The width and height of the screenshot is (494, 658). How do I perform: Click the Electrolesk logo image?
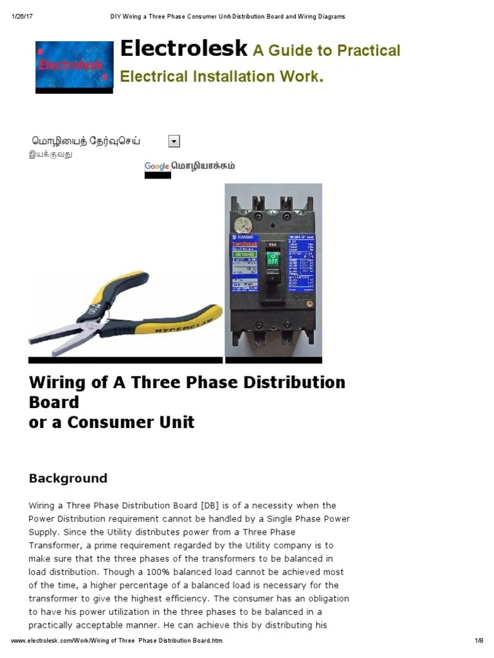74,65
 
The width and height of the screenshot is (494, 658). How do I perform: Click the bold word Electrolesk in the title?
183,48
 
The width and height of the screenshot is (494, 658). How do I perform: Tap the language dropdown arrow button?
174,141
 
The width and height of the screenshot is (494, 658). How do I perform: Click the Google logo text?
157,166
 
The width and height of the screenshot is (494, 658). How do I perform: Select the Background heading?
68,478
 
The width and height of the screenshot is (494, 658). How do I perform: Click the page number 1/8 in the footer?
479,641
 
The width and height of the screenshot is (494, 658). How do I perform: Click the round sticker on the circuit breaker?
242,225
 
